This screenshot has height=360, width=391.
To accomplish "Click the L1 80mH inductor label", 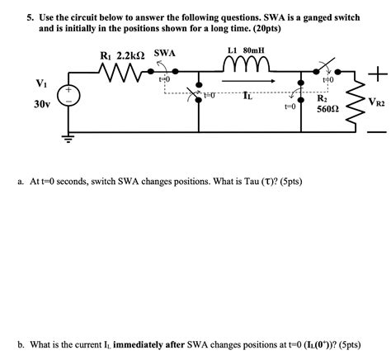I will click(245, 50).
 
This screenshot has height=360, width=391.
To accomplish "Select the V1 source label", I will click(41, 82).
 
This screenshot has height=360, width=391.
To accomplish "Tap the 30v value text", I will click(41, 105).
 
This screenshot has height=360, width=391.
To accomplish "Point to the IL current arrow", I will click(247, 83).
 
